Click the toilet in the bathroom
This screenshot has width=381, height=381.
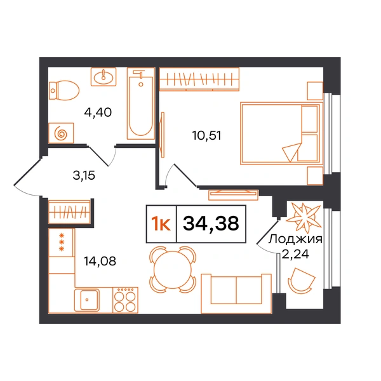tap(64, 91)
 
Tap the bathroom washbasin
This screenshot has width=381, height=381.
tap(104, 77)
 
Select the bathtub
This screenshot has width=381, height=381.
tap(141, 104)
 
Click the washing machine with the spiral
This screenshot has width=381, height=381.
tap(61, 133)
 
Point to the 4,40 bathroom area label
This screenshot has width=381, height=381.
tap(98, 112)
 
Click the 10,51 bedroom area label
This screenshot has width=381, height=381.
tap(207, 135)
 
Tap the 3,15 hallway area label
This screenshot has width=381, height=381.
tap(84, 175)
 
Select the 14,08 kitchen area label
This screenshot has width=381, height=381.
tap(100, 261)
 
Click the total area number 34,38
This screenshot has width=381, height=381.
tap(211, 224)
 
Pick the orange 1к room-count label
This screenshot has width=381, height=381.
tap(161, 224)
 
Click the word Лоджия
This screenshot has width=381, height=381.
tap(295, 239)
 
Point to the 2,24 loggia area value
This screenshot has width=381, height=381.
tap(295, 254)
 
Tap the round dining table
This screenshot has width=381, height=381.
tap(173, 269)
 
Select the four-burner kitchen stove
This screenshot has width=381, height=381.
tap(125, 300)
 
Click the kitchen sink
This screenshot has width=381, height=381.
tap(87, 300)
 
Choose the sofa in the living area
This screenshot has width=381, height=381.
tap(236, 293)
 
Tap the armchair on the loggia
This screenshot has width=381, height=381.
tap(301, 281)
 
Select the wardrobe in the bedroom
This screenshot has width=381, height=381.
tap(199, 79)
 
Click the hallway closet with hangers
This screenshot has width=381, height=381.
tap(69, 212)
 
